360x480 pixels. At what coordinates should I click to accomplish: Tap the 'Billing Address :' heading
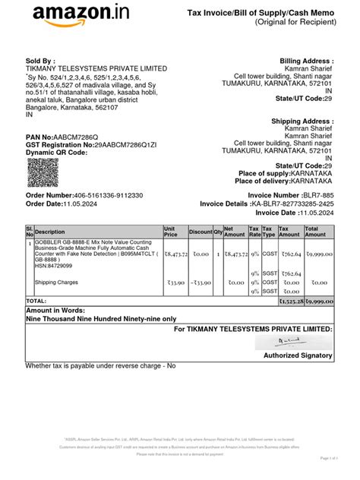click(x=307, y=60)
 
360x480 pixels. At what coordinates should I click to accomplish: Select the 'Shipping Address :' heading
click(x=303, y=122)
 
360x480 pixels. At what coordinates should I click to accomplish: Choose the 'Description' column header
click(x=51, y=232)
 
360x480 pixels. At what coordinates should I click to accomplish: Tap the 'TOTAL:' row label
click(x=36, y=302)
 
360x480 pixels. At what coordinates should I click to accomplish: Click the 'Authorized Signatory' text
click(x=298, y=355)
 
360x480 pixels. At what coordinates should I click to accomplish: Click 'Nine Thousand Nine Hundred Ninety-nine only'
click(x=100, y=320)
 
